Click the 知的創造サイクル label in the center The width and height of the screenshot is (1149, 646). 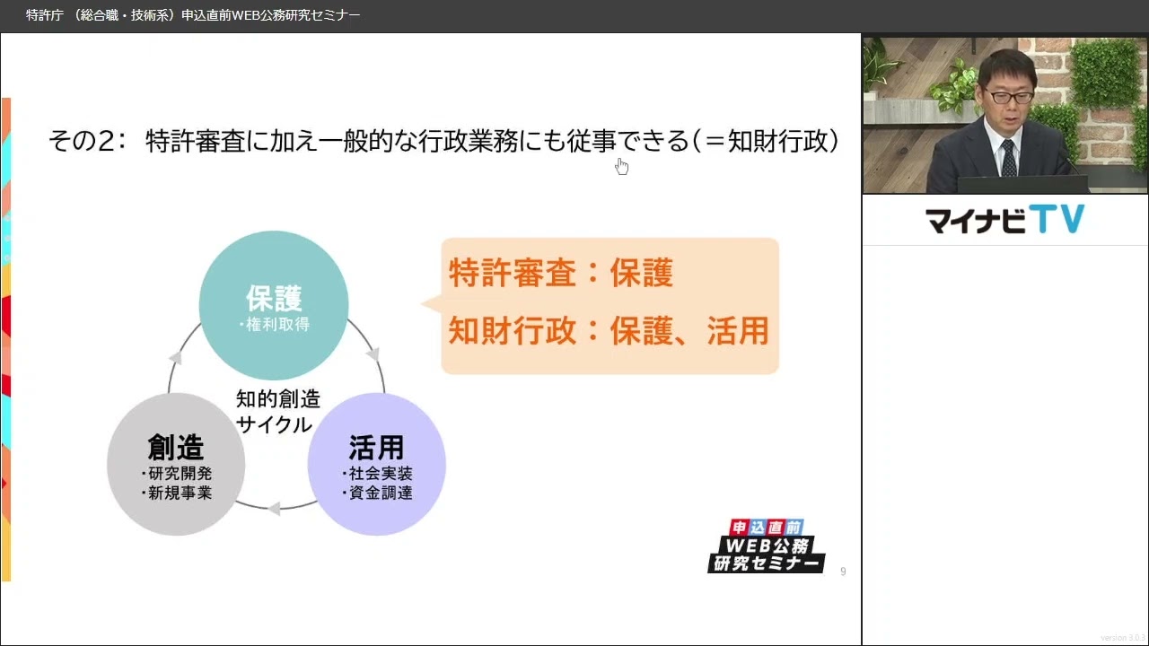(277, 411)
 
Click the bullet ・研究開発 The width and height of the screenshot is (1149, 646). (176, 473)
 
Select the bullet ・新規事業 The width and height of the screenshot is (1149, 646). (176, 493)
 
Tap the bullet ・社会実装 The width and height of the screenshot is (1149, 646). (377, 473)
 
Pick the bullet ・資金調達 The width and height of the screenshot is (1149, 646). (377, 493)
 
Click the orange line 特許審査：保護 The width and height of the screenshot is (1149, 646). (561, 274)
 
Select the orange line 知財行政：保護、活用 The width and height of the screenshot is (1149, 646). (609, 330)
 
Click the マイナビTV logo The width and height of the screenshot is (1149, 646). (1004, 220)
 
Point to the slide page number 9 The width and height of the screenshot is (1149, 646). (843, 572)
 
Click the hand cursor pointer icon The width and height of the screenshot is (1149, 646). (621, 166)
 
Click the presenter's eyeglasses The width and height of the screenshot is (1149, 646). (1007, 93)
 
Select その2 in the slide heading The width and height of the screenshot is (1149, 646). (84, 141)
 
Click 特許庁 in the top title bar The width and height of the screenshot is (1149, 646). (44, 15)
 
